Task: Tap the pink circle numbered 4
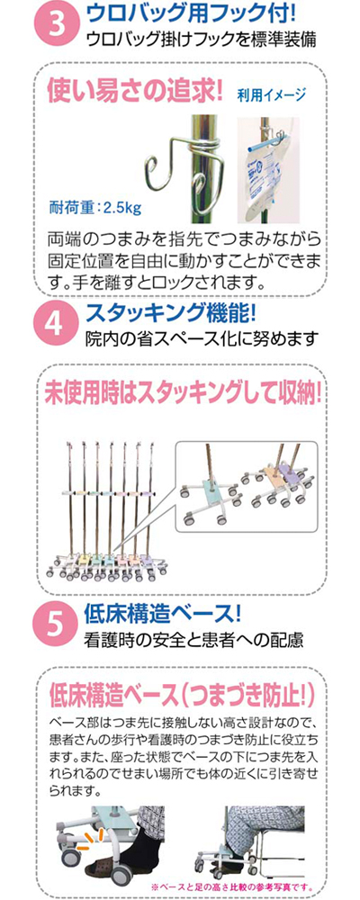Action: tap(58, 326)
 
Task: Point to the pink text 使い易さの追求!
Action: tap(136, 91)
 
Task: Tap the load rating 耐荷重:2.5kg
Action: tap(95, 207)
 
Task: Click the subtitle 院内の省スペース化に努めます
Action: tap(201, 339)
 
